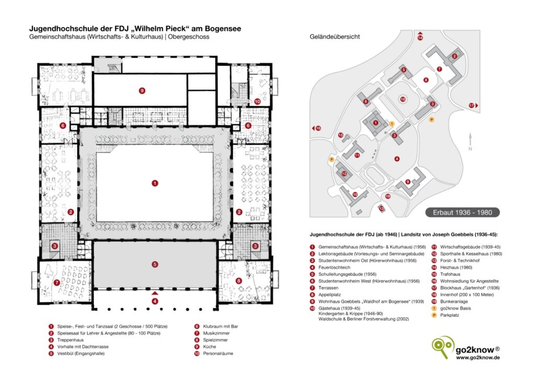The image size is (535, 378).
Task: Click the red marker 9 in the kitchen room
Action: click(142, 90)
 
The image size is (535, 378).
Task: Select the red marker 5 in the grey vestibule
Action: click(155, 264)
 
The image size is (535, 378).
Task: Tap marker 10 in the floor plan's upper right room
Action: click(257, 102)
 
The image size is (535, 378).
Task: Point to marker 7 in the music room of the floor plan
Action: click(56, 282)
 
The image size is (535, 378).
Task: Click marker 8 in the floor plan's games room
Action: click(239, 281)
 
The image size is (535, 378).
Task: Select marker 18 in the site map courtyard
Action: click(402, 99)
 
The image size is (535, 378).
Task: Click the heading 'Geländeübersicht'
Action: click(334, 37)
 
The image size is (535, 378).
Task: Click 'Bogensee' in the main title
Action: click(220, 29)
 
